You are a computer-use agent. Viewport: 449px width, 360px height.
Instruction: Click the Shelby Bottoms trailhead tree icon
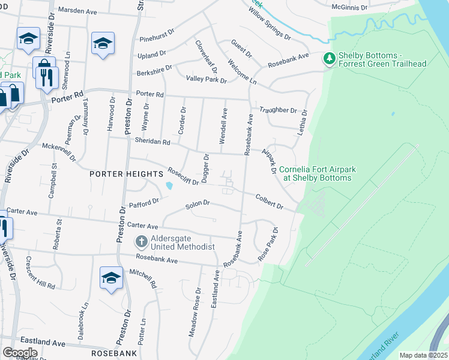(x=329, y=59)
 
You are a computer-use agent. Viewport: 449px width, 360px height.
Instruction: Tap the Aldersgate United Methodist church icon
(x=141, y=242)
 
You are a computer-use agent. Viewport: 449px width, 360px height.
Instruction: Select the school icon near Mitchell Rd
(x=111, y=278)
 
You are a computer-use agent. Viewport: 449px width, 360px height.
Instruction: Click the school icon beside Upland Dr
(x=103, y=43)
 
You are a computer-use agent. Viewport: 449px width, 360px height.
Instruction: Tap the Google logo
(x=20, y=353)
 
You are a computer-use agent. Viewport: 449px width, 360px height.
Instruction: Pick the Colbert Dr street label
(x=269, y=200)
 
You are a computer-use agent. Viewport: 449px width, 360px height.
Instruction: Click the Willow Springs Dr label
(x=270, y=24)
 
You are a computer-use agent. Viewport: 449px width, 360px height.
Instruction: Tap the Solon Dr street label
(x=197, y=204)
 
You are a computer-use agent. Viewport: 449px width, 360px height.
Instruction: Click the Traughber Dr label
(x=278, y=110)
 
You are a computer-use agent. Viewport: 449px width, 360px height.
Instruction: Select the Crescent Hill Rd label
(x=40, y=272)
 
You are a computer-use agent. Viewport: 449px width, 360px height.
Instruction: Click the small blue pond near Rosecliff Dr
(x=170, y=185)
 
